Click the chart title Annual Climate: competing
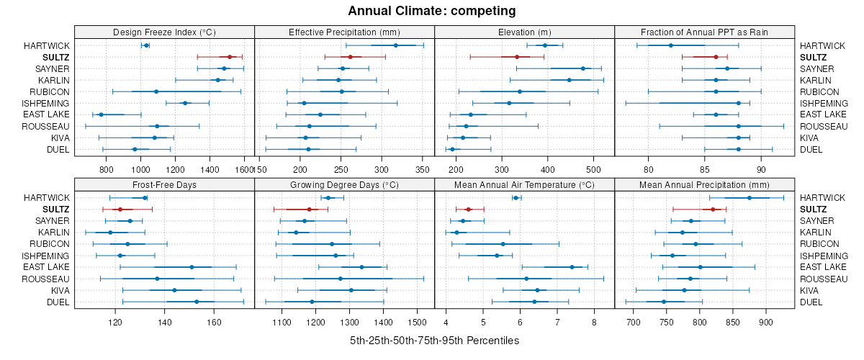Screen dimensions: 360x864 pos(432,11)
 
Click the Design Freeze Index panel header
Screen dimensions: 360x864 pos(165,32)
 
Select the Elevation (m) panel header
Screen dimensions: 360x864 pos(524,32)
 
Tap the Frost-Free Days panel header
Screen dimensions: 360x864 pos(165,184)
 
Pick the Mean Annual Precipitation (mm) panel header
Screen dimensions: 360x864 pos(704,184)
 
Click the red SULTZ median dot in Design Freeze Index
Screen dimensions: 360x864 pos(230,57)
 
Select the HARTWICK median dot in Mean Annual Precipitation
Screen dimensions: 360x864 pos(749,198)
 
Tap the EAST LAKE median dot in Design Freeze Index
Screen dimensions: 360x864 pos(102,114)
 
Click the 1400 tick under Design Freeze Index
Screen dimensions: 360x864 pos(210,170)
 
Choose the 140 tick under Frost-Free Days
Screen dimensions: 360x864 pos(165,322)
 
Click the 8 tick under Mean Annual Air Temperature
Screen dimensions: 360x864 pos(594,322)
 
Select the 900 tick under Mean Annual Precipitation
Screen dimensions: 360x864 pos(765,322)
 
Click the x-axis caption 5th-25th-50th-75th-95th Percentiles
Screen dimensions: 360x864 pos(434,340)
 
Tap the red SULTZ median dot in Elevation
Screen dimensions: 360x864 pos(517,57)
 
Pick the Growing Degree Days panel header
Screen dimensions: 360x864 pos(344,184)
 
